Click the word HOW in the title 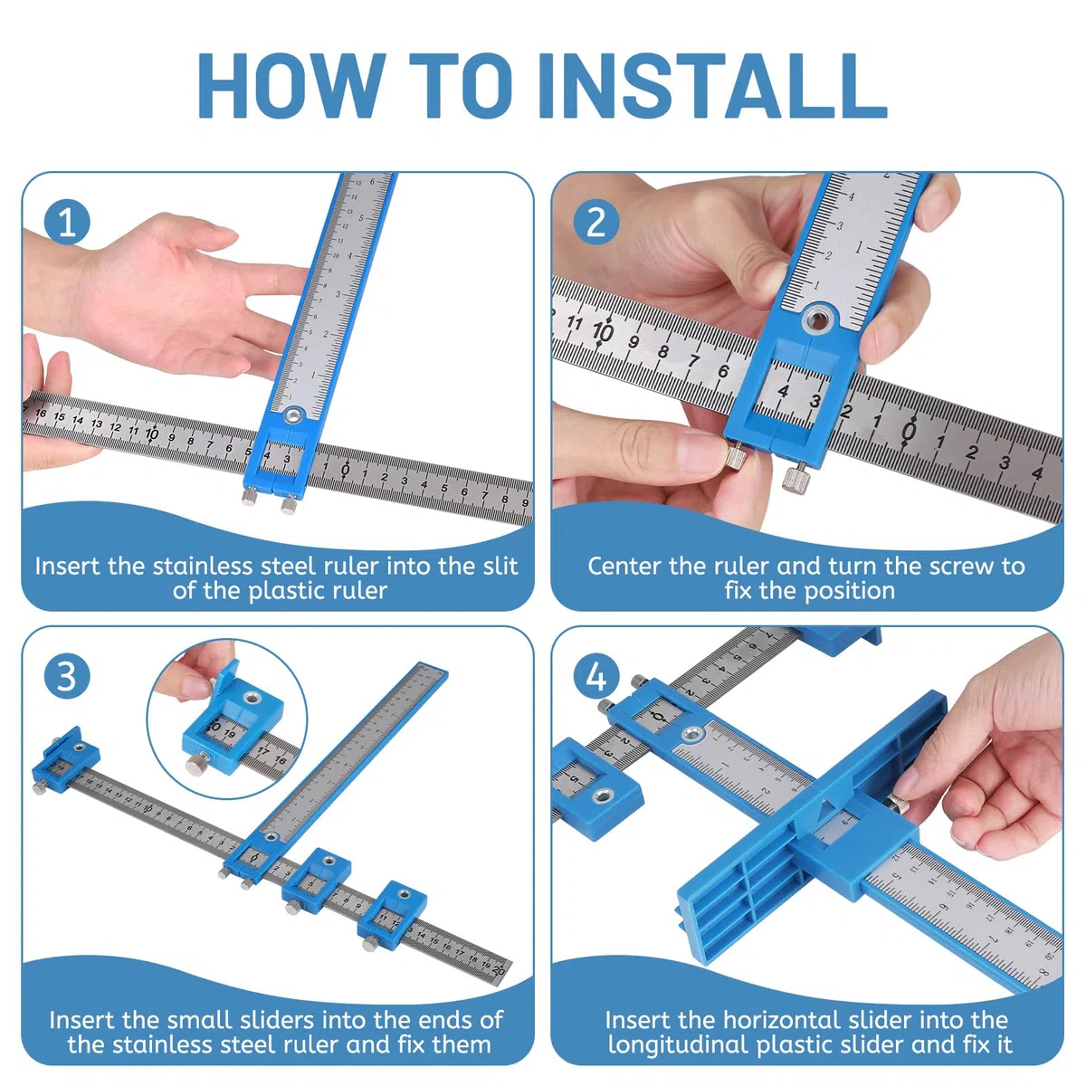click(x=292, y=85)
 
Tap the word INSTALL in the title click(x=713, y=85)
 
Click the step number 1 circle click(x=67, y=222)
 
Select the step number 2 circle click(x=596, y=222)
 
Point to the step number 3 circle click(x=67, y=676)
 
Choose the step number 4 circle click(x=596, y=676)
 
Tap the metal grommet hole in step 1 click(x=293, y=416)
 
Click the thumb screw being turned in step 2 click(x=735, y=454)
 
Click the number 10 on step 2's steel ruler click(x=603, y=331)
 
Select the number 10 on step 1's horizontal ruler click(x=152, y=434)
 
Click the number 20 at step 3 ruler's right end click(x=498, y=969)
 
